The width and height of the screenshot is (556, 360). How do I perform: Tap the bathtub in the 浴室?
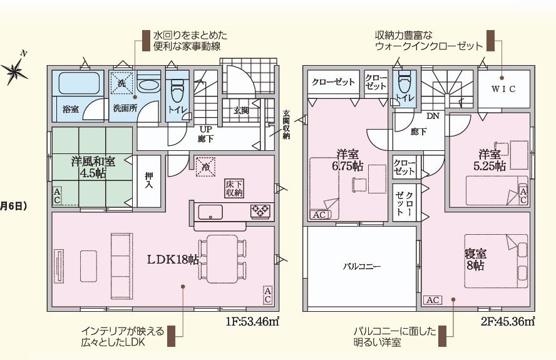(x=79, y=83)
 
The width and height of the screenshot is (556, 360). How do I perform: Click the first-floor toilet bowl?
(x=177, y=91)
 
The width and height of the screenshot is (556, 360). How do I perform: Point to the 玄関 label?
(x=241, y=111)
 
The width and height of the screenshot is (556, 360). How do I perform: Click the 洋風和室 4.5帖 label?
(x=93, y=167)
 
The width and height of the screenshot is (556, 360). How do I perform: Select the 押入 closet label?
(x=149, y=180)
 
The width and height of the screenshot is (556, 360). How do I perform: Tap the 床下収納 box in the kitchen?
(x=234, y=188)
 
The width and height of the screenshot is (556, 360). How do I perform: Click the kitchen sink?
(x=210, y=212)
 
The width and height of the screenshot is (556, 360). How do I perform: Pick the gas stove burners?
(x=260, y=212)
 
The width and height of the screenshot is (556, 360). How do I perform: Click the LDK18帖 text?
(x=173, y=260)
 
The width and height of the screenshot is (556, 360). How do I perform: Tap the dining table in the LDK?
(x=222, y=259)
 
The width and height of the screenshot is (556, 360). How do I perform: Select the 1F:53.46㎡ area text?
(x=252, y=322)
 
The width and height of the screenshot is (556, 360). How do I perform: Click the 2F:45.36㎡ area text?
(x=508, y=322)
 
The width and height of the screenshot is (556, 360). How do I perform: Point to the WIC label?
(x=503, y=89)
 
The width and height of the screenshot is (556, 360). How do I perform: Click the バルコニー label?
(x=362, y=266)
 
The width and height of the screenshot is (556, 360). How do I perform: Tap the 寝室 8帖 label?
(x=475, y=259)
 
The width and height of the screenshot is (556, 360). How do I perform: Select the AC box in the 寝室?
(x=433, y=301)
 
